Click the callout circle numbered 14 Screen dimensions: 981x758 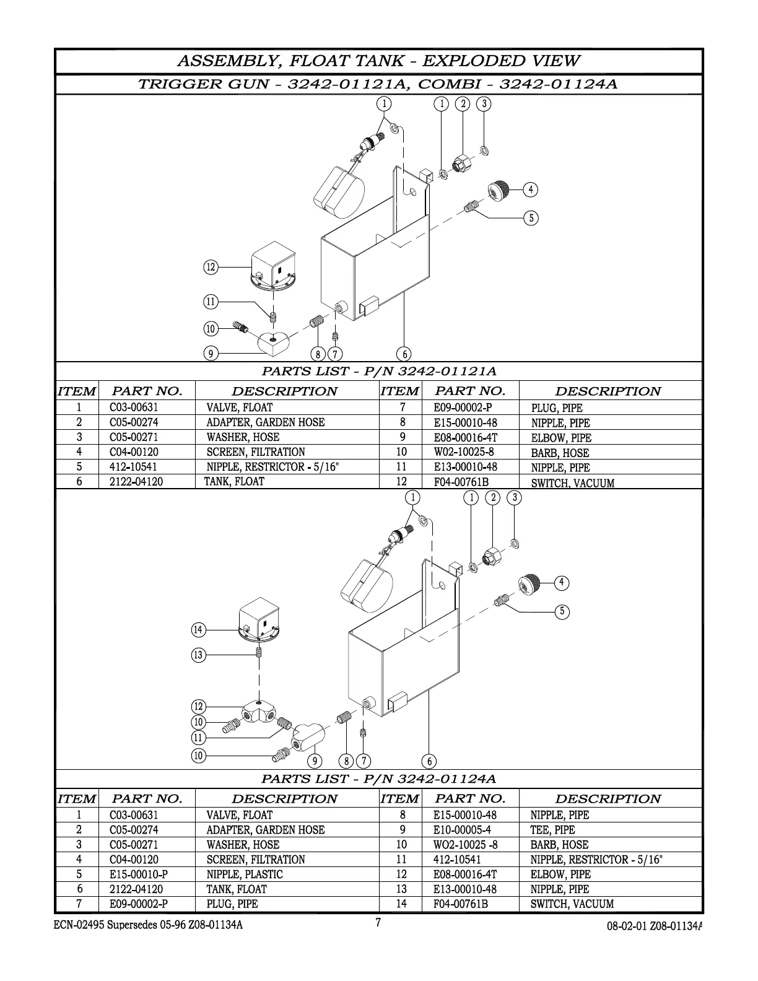coord(198,630)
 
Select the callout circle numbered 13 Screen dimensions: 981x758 coord(198,655)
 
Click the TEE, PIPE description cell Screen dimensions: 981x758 coord(552,830)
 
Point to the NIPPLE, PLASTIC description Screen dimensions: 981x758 coord(244,874)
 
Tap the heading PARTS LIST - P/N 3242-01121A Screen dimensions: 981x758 coord(379,372)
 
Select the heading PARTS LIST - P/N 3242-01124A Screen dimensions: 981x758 coord(379,778)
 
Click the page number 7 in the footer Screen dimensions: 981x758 coord(378,923)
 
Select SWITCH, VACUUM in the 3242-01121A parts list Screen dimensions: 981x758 coord(572,483)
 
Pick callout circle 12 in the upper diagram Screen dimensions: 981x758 coord(211,268)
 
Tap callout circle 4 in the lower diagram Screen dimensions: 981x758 coord(561,583)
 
